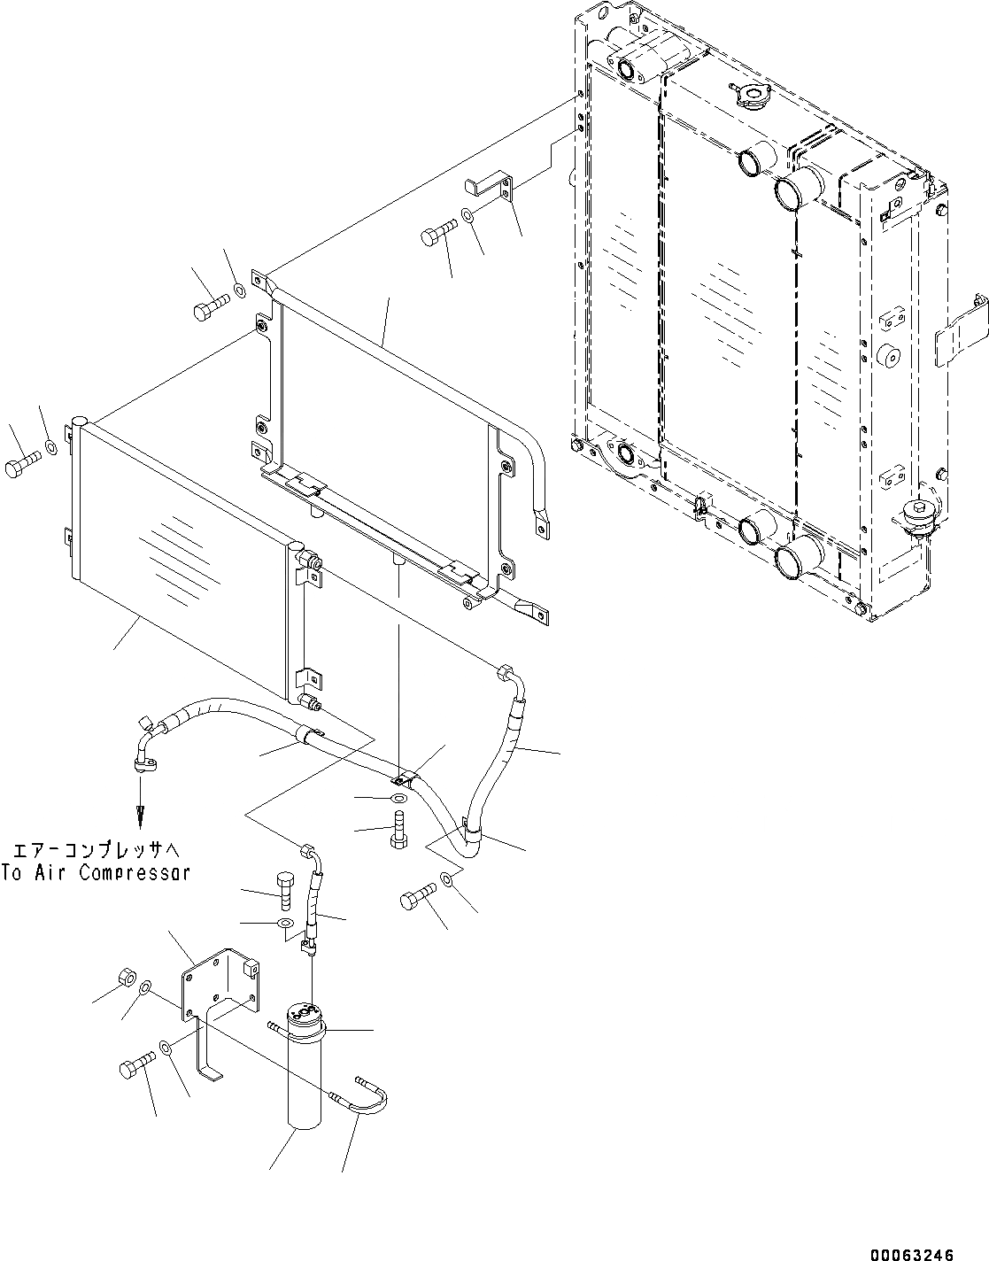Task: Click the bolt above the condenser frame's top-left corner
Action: (206, 309)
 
